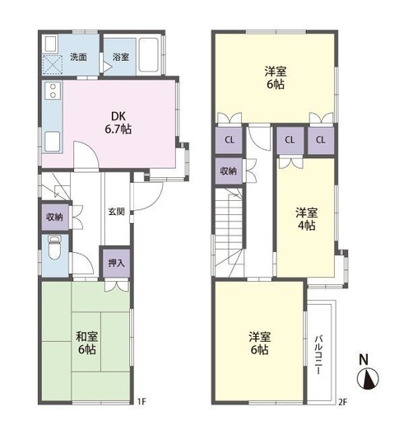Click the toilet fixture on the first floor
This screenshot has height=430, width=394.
pos(54,247)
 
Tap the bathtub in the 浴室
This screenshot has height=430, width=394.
pos(149,55)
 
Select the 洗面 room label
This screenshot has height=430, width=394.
pos(78,57)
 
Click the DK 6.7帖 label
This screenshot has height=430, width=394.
pos(118,123)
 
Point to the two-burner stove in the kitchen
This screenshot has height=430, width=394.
pos(53,91)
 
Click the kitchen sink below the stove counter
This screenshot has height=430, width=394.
pos(53,141)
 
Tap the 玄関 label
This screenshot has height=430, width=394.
pos(117,212)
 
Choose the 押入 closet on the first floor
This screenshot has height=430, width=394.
pos(116,263)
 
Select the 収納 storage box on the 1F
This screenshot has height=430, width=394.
pos(55,217)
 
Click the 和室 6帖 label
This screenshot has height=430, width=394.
pos(87,343)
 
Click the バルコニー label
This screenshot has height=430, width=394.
pos(318,354)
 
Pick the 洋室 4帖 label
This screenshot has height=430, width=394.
pos(307,219)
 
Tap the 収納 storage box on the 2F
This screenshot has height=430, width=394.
pos(229,171)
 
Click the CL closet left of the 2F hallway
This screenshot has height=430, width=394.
pos(229,140)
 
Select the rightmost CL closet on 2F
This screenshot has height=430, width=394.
pos(321,140)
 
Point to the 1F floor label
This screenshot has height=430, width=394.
pos(141,402)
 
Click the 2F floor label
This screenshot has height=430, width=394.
pos(342,402)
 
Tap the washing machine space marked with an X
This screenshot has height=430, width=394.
pos(53,64)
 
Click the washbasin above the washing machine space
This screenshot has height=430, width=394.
pos(51,43)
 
